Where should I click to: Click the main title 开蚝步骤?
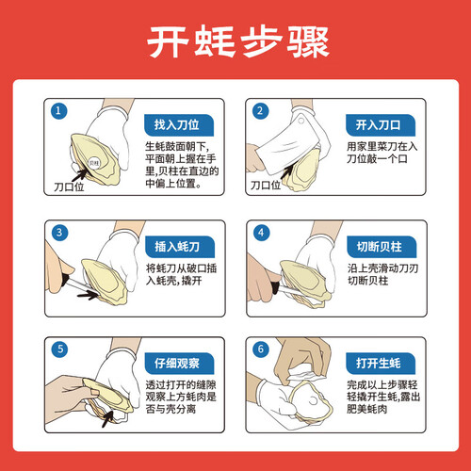point(237,41)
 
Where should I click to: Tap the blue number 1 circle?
point(58,111)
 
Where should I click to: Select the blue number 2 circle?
point(260,111)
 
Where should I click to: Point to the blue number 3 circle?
point(59,233)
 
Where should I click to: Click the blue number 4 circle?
point(261,233)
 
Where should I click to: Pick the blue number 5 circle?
point(59,349)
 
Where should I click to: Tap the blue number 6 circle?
point(261,349)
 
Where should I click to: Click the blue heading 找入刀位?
point(179,125)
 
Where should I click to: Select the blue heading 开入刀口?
point(381,125)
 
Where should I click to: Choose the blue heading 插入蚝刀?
point(180,247)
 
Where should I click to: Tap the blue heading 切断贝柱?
point(382,247)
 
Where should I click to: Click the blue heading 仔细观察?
point(179,364)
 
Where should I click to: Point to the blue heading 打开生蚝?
point(381,364)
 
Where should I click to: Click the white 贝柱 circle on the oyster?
point(93,163)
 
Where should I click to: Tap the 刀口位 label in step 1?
point(69,187)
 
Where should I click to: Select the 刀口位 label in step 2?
point(266,186)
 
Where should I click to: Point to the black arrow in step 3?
point(88,295)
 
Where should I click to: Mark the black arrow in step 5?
point(107,418)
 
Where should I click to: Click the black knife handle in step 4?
point(275,286)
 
